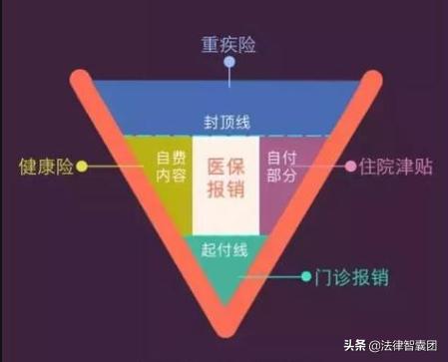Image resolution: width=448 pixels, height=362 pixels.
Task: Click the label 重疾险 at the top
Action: [x=228, y=44]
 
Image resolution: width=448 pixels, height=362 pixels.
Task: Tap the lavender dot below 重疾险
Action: [x=228, y=63]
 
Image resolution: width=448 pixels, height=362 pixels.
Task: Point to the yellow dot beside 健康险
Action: [x=83, y=167]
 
